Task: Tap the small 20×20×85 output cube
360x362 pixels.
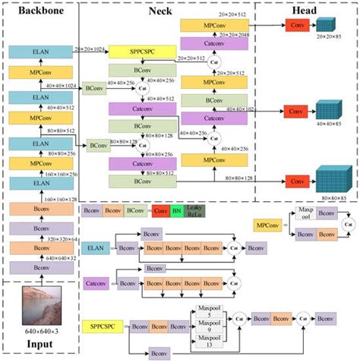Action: [x=324, y=25]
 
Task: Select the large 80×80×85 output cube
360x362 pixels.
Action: [x=331, y=181]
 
